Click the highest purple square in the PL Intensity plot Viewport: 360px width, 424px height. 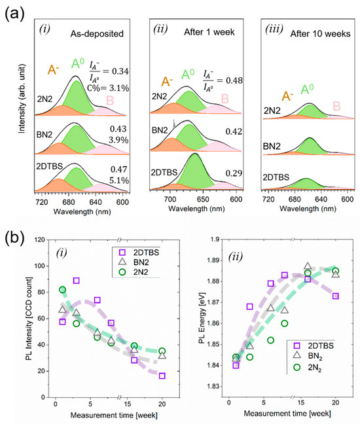pyautogui.click(x=77, y=280)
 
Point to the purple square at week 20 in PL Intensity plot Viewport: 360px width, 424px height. pyautogui.click(x=162, y=376)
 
